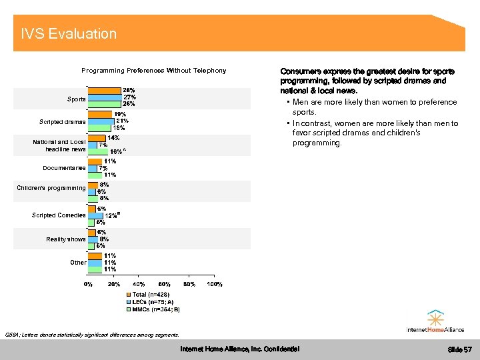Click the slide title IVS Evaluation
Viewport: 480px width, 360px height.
pyautogui.click(x=69, y=33)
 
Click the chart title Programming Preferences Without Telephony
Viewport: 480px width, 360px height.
pyautogui.click(x=153, y=71)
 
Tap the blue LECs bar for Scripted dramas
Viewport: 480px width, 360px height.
pyautogui.click(x=101, y=121)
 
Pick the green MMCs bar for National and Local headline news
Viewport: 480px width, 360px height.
pyautogui.click(x=98, y=151)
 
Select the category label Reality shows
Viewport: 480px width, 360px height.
pyautogui.click(x=66, y=239)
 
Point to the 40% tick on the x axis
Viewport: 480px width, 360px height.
pyautogui.click(x=139, y=285)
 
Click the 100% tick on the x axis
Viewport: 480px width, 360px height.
pyautogui.click(x=214, y=285)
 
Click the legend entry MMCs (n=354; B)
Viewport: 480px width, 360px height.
pyautogui.click(x=156, y=309)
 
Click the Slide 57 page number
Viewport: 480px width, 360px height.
pyautogui.click(x=459, y=349)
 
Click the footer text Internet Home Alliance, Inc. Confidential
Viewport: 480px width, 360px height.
pyautogui.click(x=240, y=349)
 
